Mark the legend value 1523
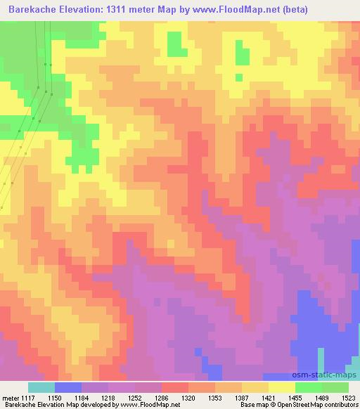[x=349, y=397]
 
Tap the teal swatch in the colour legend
[x=41, y=387]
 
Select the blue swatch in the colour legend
[x=67, y=387]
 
